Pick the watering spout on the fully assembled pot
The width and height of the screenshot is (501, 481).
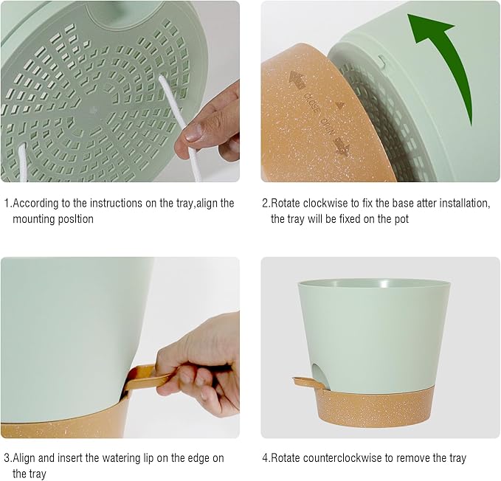click(304, 383)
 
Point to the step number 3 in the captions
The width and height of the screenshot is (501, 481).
click(7, 458)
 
